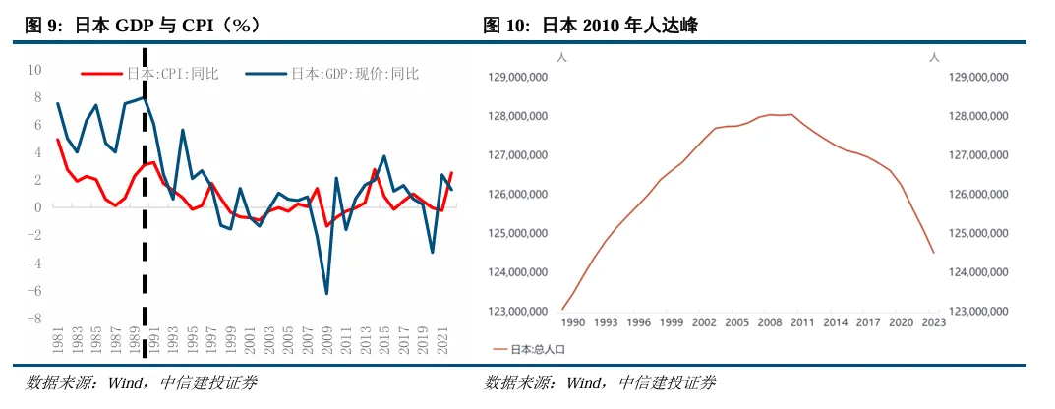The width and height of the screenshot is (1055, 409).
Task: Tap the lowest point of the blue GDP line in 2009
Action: pos(326,293)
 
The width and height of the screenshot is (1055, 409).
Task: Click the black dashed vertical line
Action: pos(146,197)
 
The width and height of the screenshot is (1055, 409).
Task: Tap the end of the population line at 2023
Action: pos(933,253)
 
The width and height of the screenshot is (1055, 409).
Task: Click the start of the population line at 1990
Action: pos(562,309)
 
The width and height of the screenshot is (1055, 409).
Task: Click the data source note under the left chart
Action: pos(142,382)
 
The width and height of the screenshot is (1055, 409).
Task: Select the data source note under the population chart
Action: pos(601,382)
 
